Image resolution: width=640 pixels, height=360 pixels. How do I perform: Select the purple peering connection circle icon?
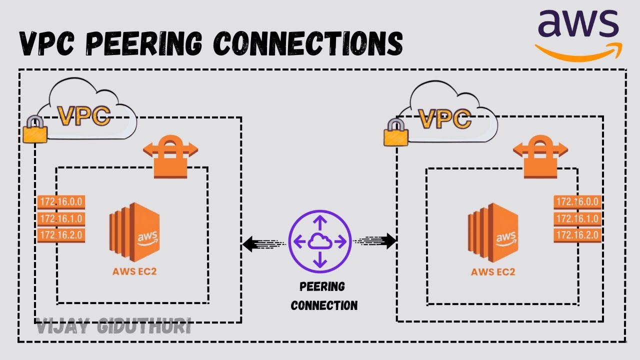(320, 241)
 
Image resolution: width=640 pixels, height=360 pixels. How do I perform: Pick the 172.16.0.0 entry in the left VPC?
(61, 202)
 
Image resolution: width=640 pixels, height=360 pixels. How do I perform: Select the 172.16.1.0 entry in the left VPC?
(61, 219)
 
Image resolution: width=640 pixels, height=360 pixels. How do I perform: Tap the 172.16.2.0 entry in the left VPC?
(61, 235)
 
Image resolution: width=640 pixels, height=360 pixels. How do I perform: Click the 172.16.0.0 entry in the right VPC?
(577, 202)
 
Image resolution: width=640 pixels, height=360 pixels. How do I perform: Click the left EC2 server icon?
(134, 232)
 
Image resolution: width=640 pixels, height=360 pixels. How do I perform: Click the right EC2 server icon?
(492, 232)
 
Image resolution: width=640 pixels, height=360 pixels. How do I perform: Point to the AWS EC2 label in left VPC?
(134, 272)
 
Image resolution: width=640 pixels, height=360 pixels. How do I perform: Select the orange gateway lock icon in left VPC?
(170, 157)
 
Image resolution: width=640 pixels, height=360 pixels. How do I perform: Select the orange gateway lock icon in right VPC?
(540, 157)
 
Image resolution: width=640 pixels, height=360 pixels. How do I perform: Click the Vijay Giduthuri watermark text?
(113, 327)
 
